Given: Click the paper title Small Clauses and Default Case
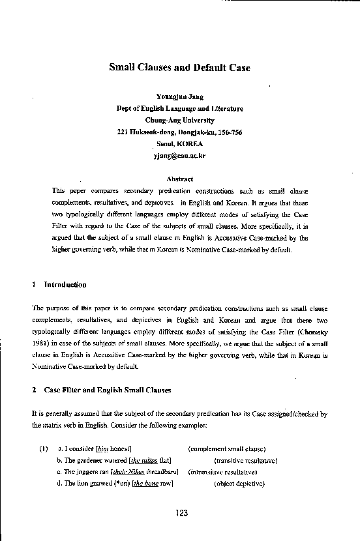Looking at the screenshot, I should coord(179,68).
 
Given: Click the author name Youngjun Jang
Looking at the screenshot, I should coord(179,97).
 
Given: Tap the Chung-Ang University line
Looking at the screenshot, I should coord(179,121).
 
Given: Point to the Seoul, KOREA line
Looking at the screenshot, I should coord(179,144).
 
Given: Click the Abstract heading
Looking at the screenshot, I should coord(179,179).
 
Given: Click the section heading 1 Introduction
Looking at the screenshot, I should coord(59,285).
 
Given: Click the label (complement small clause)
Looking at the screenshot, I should coord(226,448).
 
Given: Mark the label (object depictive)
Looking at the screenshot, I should coord(239,483).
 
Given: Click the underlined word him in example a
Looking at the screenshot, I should coord(102,448).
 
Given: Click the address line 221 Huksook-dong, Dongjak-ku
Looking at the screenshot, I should coord(179,132).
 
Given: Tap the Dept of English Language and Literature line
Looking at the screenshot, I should coord(179,109).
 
